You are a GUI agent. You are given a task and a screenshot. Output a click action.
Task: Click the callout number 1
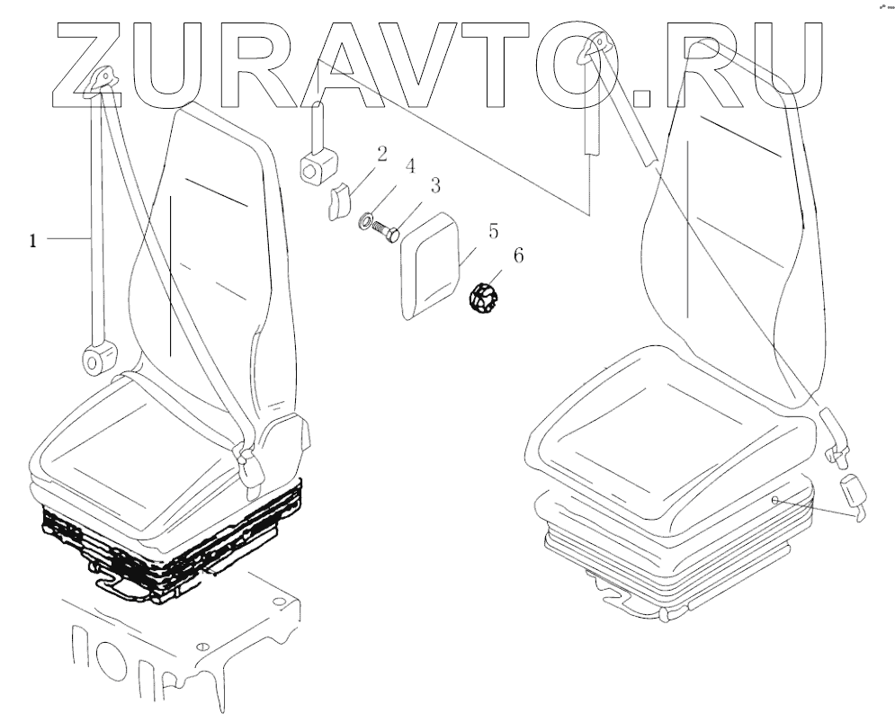pyautogui.click(x=33, y=240)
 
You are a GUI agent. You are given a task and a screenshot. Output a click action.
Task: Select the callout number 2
pyautogui.click(x=381, y=154)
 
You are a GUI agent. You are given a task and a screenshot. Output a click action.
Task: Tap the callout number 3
pyautogui.click(x=435, y=186)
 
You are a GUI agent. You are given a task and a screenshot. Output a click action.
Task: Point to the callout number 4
pyautogui.click(x=409, y=166)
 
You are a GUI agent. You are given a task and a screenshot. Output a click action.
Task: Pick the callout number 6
pyautogui.click(x=518, y=256)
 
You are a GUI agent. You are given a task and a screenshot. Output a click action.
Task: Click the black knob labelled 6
pyautogui.click(x=485, y=298)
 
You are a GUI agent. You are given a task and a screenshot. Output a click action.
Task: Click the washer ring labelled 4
pyautogui.click(x=366, y=218)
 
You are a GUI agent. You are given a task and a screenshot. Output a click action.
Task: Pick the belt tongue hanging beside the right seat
pyautogui.click(x=852, y=499)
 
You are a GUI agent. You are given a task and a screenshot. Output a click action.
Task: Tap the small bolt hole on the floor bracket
pyautogui.click(x=202, y=646)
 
